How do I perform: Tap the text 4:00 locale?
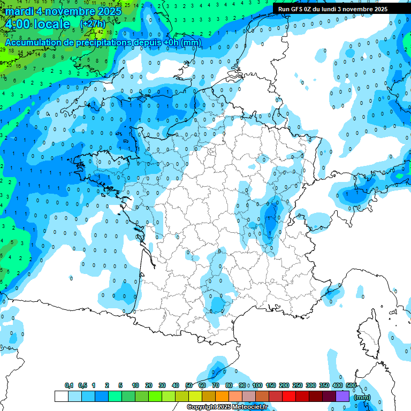pyautogui.click(x=37, y=24)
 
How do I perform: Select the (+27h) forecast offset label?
pyautogui.click(x=93, y=24)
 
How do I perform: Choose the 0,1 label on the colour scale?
pyautogui.click(x=69, y=386)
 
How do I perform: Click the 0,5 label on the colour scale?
pyautogui.click(x=82, y=386)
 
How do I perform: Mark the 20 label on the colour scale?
pyautogui.click(x=149, y=386)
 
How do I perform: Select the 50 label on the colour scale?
pyautogui.click(x=189, y=386)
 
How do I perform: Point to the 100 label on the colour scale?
pyautogui.click(x=257, y=386)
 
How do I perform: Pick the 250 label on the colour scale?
pyautogui.click(x=298, y=386)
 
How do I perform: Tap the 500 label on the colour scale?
pyautogui.click(x=351, y=386)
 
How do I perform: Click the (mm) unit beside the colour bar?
pyautogui.click(x=362, y=397)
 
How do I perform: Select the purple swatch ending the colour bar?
pyautogui.click(x=342, y=396)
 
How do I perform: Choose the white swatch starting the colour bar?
pyautogui.click(x=61, y=396)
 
